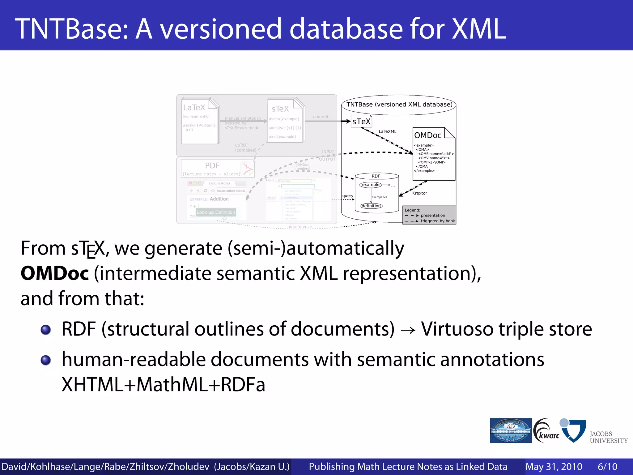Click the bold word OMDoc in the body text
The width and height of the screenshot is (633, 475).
tap(55, 274)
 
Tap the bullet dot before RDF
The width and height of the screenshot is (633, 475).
tap(46, 330)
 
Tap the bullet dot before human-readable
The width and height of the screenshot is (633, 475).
tap(46, 360)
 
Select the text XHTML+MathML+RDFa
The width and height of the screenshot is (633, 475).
tap(163, 385)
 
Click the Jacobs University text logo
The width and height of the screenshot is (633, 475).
tap(608, 437)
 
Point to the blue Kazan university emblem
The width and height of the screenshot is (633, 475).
tap(511, 430)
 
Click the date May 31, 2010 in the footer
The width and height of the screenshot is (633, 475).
tap(554, 467)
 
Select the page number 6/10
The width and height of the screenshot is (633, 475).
tap(607, 467)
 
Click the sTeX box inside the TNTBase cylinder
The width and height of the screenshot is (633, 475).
tap(361, 122)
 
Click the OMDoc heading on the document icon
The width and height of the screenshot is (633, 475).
tap(428, 135)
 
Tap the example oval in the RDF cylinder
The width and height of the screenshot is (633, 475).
tap(371, 185)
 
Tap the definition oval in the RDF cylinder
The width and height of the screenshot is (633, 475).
tap(371, 206)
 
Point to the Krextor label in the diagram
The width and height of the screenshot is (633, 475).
tap(419, 193)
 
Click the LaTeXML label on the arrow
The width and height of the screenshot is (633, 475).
tap(387, 131)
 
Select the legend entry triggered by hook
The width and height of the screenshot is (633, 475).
tap(437, 221)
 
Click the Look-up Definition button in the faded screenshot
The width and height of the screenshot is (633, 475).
tap(216, 212)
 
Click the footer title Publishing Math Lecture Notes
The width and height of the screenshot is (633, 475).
tap(408, 467)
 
